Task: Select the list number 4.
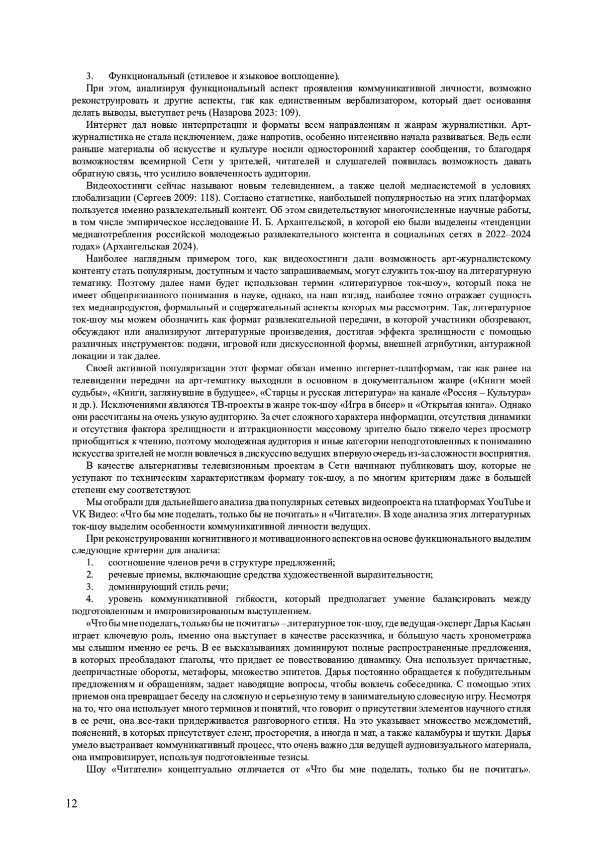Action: click(x=89, y=599)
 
